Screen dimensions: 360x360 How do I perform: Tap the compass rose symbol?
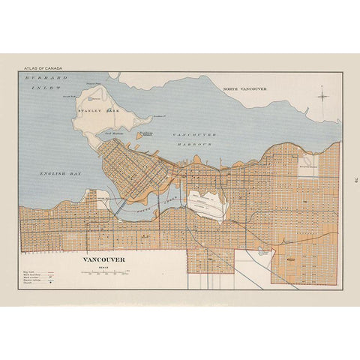pyautogui.click(x=322, y=94)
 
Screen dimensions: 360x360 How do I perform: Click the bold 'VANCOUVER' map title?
pyautogui.click(x=104, y=260)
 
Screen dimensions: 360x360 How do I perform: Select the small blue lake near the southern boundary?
pyautogui.click(x=262, y=253)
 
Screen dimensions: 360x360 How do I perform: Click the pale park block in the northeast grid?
pyautogui.click(x=308, y=166)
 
